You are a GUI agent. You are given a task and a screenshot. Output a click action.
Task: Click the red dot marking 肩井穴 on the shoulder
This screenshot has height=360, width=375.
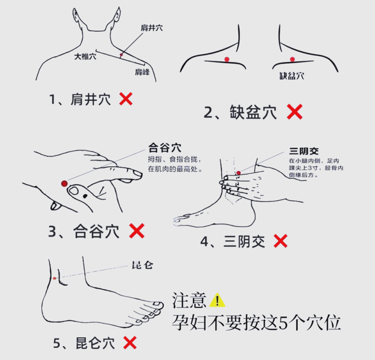121,55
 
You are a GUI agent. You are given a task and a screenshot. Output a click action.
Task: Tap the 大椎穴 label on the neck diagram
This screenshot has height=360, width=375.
85,56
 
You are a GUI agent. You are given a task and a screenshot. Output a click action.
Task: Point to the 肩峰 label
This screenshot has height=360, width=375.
142,72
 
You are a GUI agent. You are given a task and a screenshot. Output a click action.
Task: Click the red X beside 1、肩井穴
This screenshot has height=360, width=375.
126,99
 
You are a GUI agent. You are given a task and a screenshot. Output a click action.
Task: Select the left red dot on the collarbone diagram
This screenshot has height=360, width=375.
227,59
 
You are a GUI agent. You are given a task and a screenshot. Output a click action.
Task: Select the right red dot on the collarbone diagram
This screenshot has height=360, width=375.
292,59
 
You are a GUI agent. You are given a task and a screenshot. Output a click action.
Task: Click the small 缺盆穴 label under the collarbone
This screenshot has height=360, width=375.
292,76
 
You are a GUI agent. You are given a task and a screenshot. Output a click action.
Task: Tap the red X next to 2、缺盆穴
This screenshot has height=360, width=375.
295,111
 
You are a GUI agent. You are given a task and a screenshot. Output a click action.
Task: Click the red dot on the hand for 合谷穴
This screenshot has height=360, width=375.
64,184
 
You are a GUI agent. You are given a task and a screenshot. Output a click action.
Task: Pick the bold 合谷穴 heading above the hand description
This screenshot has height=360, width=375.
165,147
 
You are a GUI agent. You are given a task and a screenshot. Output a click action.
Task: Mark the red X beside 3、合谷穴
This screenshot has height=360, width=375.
137,231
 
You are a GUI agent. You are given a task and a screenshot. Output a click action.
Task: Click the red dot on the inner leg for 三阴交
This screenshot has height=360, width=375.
238,173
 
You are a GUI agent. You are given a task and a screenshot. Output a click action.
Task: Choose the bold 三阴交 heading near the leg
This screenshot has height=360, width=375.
304,151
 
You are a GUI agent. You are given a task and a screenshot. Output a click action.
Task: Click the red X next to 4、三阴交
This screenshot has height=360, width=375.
280,241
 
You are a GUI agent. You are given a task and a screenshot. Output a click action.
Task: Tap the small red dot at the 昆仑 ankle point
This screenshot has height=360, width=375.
54,278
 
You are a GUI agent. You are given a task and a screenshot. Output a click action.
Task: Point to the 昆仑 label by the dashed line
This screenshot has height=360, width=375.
143,265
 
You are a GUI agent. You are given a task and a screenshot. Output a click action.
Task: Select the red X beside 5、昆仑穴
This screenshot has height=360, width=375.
130,343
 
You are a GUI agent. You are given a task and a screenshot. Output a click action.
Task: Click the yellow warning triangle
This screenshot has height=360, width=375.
217,300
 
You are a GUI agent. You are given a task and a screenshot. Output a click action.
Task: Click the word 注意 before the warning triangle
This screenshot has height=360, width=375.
189,300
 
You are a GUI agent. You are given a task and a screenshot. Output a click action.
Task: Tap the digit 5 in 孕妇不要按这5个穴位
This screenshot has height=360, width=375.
283,323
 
